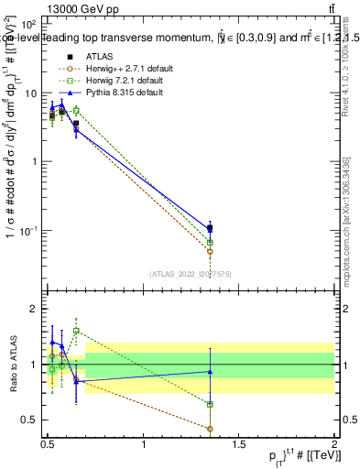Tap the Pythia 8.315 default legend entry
115,93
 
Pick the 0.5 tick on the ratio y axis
29,420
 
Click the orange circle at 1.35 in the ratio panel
210,429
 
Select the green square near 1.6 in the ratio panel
76,331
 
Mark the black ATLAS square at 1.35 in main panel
210,228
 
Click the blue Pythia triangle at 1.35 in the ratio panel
210,371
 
